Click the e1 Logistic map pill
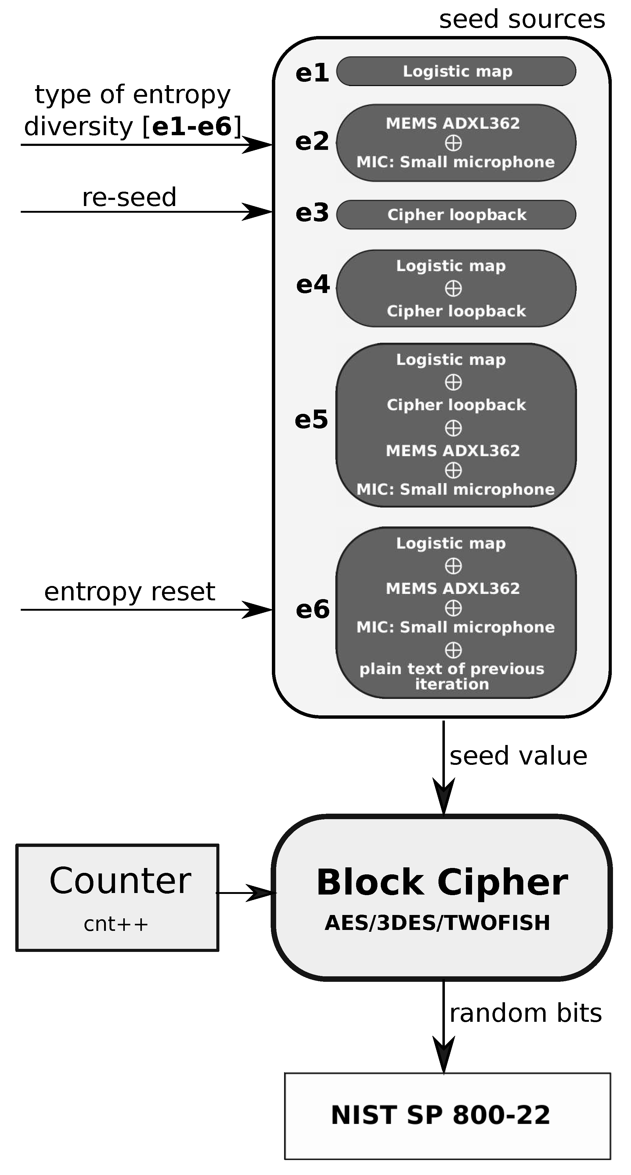pos(456,71)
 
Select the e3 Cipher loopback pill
pos(456,214)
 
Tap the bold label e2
pos(312,141)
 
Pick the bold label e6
pos(312,609)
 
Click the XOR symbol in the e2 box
pos(453,143)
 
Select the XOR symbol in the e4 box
pos(453,288)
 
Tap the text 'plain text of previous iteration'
pos(451,676)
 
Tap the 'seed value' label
pos(518,756)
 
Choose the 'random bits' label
pos(525,1013)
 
